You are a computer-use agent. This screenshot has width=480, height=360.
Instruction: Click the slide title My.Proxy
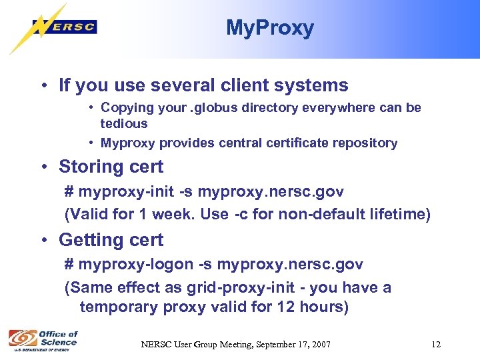[x=269, y=28]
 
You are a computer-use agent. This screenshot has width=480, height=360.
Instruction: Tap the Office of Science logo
[x=43, y=339]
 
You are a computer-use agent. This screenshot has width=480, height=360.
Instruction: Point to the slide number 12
[x=436, y=344]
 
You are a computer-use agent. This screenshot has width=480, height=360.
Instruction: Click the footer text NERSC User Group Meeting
[x=235, y=344]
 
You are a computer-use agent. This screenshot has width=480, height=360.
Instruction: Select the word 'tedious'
[x=124, y=123]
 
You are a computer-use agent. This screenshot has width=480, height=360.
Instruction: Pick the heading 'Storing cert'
[x=111, y=167]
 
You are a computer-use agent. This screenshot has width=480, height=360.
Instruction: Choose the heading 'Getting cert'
[x=111, y=239]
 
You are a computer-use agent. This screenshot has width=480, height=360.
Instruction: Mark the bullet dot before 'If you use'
[x=42, y=86]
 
